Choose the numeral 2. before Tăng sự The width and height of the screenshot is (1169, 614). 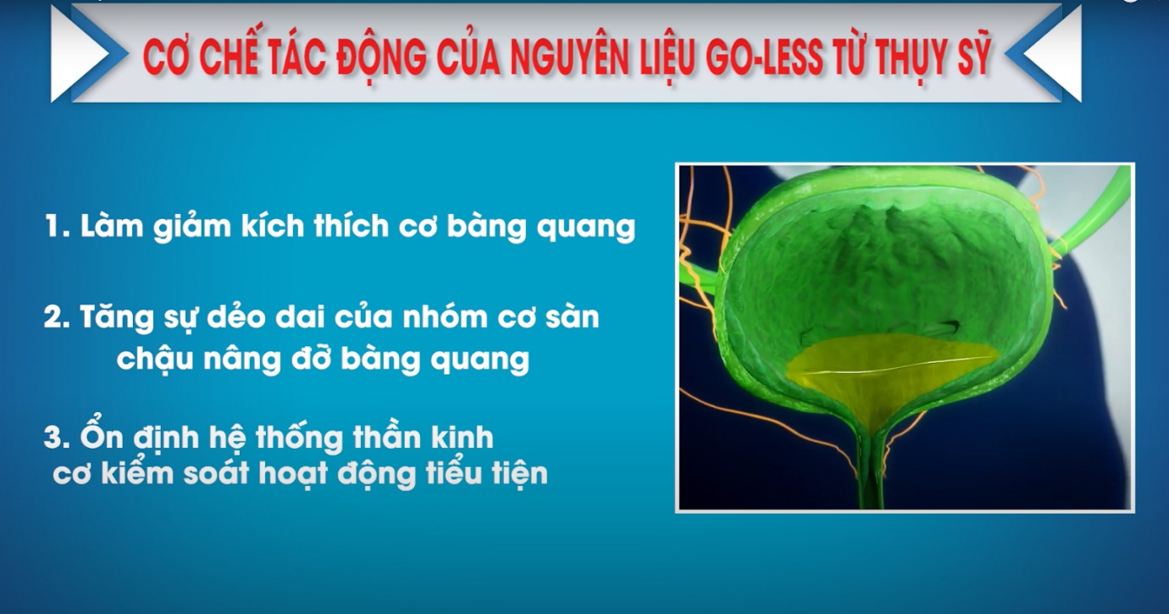58,317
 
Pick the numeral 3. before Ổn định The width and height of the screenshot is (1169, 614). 58,438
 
